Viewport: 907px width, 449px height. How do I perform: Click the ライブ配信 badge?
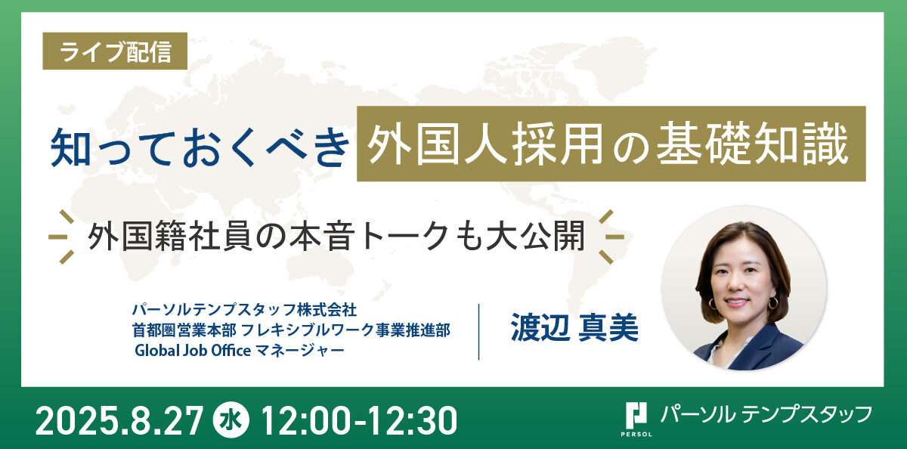tap(115, 51)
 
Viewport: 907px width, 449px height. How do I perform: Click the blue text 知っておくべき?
tap(200, 147)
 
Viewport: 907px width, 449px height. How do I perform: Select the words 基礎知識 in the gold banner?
tap(752, 144)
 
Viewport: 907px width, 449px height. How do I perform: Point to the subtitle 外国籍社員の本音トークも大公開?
tap(336, 236)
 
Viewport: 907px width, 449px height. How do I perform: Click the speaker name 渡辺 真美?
tap(574, 327)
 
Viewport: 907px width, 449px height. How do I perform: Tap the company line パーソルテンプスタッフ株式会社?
tap(244, 310)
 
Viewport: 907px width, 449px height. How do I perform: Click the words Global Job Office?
tap(193, 350)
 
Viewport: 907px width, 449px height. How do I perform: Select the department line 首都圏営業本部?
tap(184, 330)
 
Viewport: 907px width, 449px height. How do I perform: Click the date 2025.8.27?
tap(119, 421)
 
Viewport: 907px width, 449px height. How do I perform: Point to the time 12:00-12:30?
tap(359, 421)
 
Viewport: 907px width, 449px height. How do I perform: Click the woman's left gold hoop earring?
tap(773, 302)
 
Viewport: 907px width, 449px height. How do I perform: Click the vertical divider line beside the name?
tap(479, 332)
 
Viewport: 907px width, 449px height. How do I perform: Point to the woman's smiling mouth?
tap(735, 302)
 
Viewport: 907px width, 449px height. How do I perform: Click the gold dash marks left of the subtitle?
tap(61, 237)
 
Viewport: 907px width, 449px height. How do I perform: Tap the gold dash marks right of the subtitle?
tap(611, 237)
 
